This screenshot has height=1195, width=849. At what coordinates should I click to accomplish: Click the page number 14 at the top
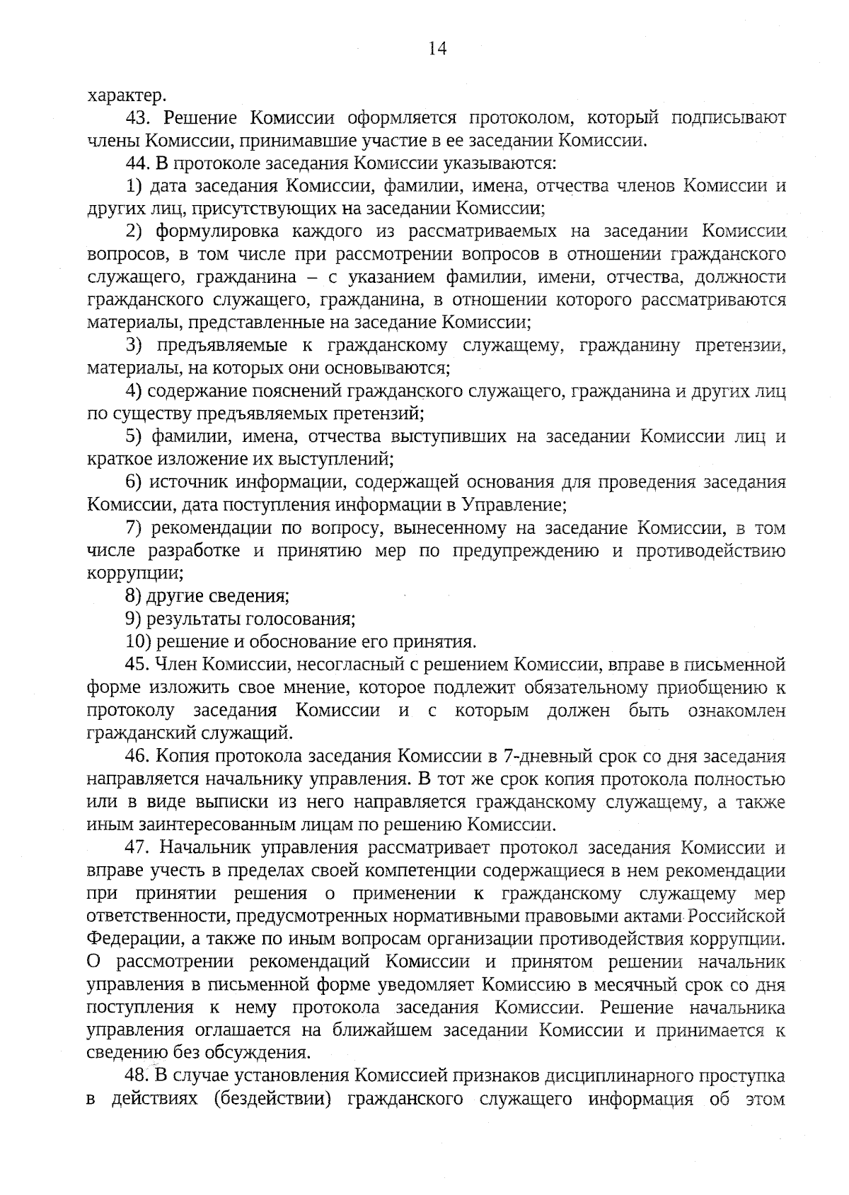click(437, 48)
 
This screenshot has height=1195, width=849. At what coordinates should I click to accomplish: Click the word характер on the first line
click(127, 95)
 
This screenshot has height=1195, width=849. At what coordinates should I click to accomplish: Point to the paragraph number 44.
click(136, 163)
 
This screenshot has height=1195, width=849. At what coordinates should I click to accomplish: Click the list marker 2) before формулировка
click(135, 231)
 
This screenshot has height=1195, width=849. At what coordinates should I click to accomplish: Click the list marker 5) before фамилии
click(135, 436)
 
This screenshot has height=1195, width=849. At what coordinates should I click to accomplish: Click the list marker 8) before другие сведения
click(135, 596)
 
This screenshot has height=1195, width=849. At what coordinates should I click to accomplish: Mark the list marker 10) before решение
click(139, 642)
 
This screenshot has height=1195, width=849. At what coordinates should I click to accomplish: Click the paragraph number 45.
click(136, 665)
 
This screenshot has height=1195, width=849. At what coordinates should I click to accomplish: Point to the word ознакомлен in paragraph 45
click(737, 711)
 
